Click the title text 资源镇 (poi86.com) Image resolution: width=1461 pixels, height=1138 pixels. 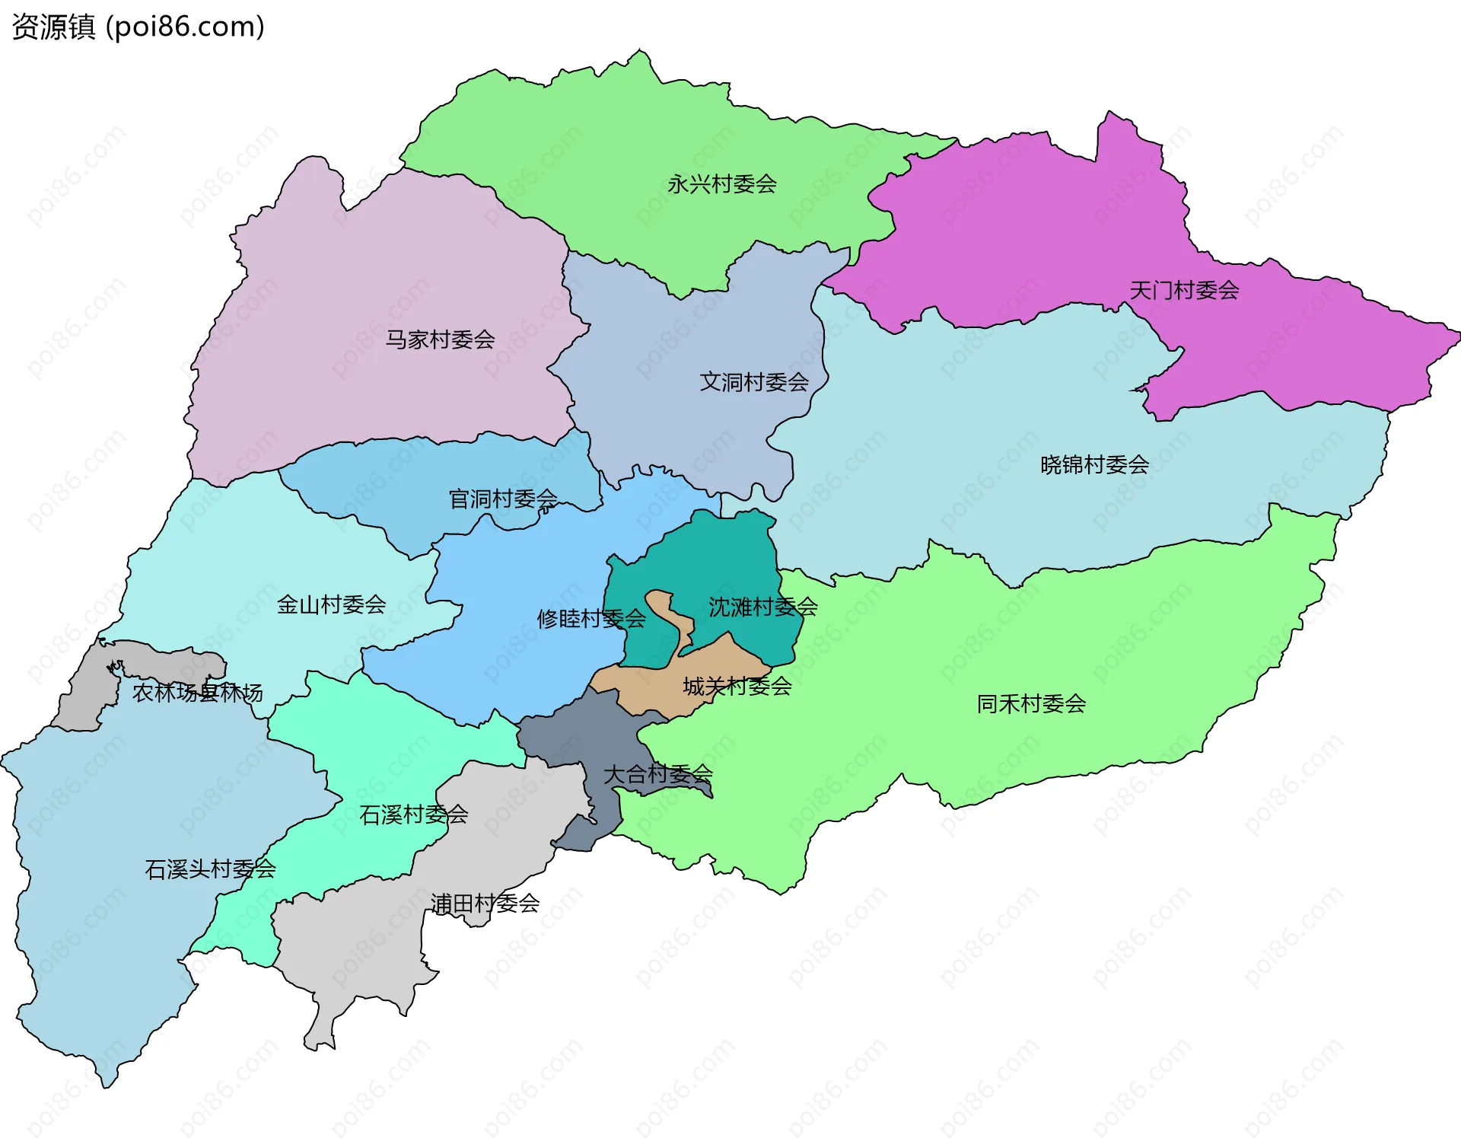tap(138, 27)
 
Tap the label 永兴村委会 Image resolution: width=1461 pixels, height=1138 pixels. tap(721, 184)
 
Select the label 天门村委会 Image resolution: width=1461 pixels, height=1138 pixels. tap(1184, 290)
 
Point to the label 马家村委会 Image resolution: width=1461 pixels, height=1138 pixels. tap(440, 339)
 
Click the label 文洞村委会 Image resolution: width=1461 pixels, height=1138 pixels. tap(753, 382)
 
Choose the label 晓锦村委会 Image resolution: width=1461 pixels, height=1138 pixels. tap(1094, 464)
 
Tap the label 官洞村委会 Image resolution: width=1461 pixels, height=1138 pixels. tap(502, 499)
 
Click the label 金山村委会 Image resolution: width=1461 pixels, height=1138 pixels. tap(331, 605)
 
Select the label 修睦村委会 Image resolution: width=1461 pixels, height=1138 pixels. tap(590, 619)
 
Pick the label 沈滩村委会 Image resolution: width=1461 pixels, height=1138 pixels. tap(762, 607)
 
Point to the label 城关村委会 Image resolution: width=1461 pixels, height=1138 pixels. tap(737, 687)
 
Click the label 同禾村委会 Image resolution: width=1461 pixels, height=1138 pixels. tap(1031, 704)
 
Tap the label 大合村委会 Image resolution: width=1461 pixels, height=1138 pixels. tap(657, 775)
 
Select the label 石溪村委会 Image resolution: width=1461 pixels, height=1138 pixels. tap(413, 815)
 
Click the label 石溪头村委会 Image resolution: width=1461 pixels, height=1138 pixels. tap(210, 869)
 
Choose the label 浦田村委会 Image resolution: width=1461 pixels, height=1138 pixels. tap(485, 904)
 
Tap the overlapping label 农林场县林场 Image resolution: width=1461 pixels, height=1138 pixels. tap(197, 693)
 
